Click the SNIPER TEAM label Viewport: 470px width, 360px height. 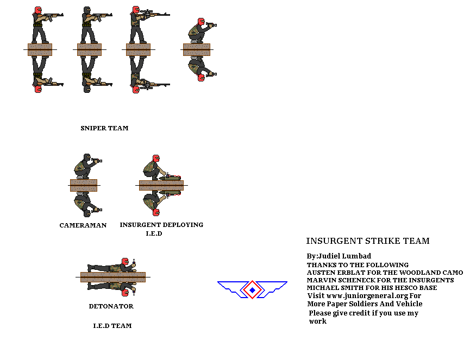[x=104, y=129]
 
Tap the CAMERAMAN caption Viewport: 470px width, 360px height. [x=83, y=225]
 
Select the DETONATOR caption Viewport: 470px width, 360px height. [x=111, y=307]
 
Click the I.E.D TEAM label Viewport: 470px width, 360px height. [x=112, y=326]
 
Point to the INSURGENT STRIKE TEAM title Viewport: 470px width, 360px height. [x=368, y=242]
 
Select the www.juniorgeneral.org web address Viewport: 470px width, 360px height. [x=362, y=296]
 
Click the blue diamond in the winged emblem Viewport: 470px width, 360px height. [x=252, y=290]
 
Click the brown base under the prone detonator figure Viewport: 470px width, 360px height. [x=113, y=277]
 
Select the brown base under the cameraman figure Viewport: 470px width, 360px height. [x=84, y=185]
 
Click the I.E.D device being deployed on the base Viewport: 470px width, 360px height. [x=170, y=177]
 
